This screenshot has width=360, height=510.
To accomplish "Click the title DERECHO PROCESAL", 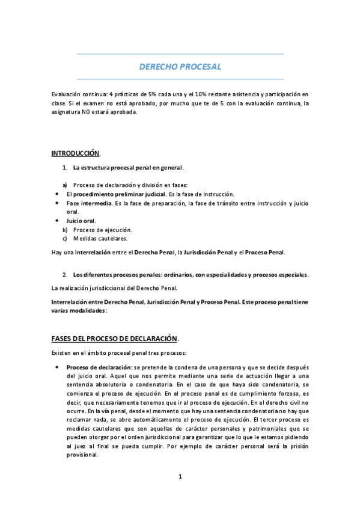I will (180, 67).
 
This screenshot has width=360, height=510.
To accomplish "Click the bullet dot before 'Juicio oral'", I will (56, 221).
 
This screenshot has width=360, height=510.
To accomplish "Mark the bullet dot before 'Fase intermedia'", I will (56, 203).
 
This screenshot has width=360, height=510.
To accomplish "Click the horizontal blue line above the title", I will (180, 54).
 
